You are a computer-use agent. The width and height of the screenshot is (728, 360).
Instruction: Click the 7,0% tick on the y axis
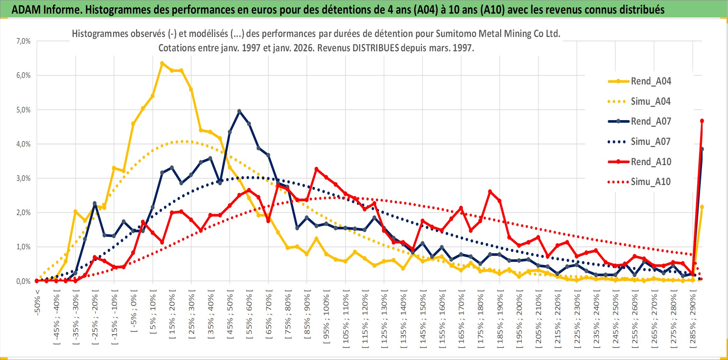(x=23, y=41)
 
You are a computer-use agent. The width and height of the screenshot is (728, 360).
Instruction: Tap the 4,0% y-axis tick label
(x=23, y=144)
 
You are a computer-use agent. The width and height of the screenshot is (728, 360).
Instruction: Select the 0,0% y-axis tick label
(x=23, y=281)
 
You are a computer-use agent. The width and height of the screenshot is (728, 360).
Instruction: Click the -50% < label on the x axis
(x=37, y=302)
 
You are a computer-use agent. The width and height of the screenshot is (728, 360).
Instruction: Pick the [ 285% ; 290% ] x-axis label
(x=693, y=321)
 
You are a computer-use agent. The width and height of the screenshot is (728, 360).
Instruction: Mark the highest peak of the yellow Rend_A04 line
(x=162, y=63)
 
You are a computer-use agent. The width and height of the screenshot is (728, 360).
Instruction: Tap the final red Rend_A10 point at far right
(x=702, y=121)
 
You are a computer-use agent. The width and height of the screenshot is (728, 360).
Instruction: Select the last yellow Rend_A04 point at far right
(x=702, y=207)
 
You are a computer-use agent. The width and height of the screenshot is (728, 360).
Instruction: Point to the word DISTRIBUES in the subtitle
(x=376, y=48)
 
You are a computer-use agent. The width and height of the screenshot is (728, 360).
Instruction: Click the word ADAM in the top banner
(x=26, y=9)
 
